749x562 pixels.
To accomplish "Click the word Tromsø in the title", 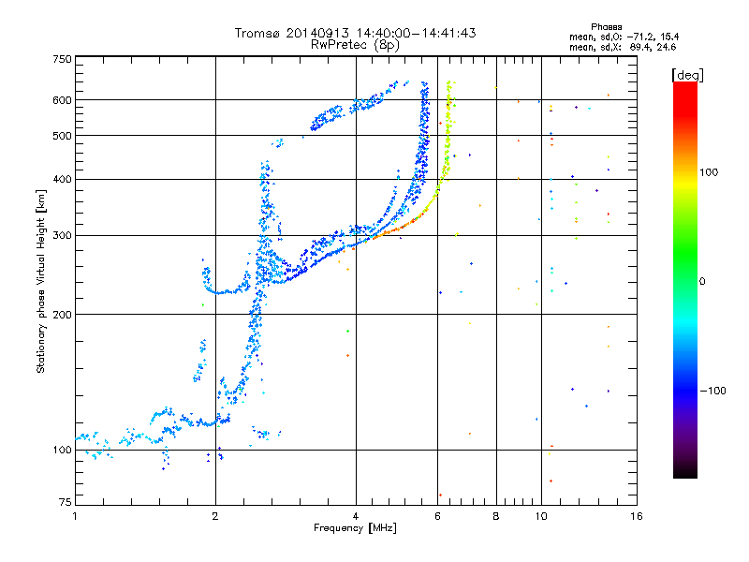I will (x=257, y=33).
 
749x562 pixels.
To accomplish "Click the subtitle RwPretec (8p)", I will (x=355, y=44).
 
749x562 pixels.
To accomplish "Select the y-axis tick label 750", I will (x=63, y=58).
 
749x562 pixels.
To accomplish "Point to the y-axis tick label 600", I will (x=63, y=99).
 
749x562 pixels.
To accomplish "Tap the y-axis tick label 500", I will (x=63, y=135).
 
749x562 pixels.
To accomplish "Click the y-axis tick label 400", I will (x=63, y=179).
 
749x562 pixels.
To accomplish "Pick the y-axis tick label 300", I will (x=63, y=235).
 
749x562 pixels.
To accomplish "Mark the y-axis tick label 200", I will (x=63, y=314).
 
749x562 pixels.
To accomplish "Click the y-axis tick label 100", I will (x=63, y=450).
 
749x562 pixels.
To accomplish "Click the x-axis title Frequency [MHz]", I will (x=355, y=529).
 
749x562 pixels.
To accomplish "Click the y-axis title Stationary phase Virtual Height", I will (x=41, y=281).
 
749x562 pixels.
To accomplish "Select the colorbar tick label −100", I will (x=714, y=390).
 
